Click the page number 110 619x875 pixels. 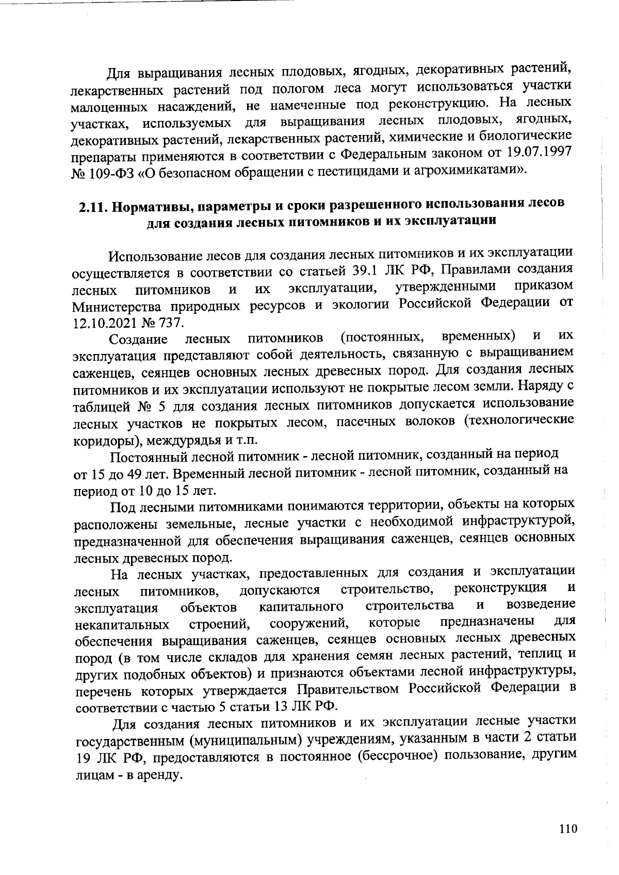567,829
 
